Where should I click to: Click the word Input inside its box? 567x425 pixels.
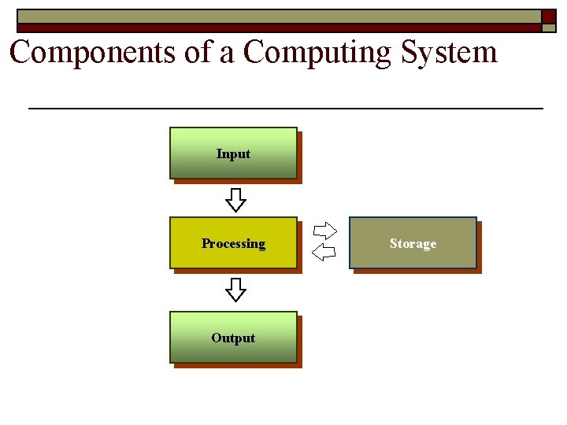coord(233,154)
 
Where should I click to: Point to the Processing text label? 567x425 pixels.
coord(233,244)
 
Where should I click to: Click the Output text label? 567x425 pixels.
coord(233,338)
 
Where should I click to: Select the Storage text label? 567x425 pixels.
coord(413,244)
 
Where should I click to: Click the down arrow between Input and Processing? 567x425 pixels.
coord(235,200)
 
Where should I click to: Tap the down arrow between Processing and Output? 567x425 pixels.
coord(235,290)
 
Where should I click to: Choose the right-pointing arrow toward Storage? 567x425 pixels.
coord(324,231)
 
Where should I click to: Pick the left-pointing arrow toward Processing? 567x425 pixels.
coord(324,253)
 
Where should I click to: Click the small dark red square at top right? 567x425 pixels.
coord(548,17)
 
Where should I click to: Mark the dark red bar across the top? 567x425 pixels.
coord(276,27)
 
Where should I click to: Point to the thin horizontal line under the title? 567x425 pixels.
coord(285,107)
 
